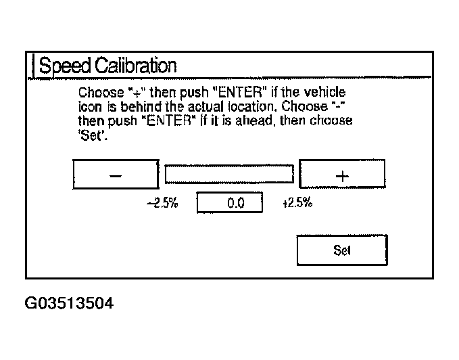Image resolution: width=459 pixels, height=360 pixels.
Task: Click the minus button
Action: click(x=116, y=175)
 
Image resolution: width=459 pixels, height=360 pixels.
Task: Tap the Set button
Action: click(x=342, y=250)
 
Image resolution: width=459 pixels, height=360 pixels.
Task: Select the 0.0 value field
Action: click(x=229, y=203)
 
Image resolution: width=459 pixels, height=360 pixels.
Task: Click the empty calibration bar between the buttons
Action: click(x=229, y=175)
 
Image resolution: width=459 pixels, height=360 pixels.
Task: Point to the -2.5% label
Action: click(x=162, y=203)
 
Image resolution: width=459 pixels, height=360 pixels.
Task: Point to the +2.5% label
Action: click(x=297, y=203)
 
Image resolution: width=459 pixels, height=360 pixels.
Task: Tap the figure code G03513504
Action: click(x=68, y=302)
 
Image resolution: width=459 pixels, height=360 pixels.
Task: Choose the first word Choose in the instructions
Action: click(x=97, y=92)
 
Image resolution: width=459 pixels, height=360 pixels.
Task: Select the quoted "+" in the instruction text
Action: click(x=133, y=92)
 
